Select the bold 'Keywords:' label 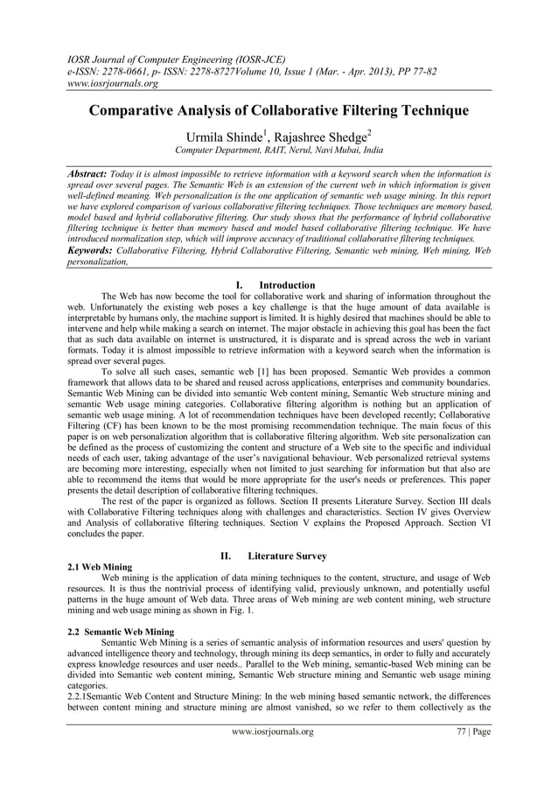tap(97, 249)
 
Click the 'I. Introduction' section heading tap(278, 285)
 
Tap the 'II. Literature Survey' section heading tap(278, 556)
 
